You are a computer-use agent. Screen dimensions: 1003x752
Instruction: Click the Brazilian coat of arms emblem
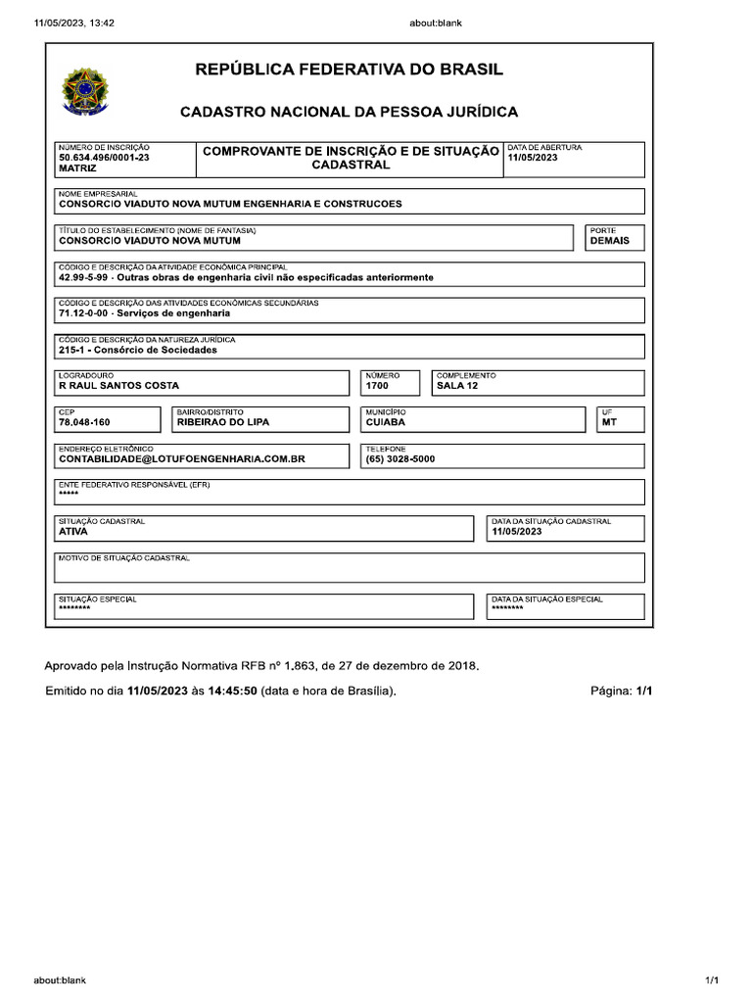coord(86,91)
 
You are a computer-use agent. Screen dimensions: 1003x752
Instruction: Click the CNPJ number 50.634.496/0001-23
coord(105,157)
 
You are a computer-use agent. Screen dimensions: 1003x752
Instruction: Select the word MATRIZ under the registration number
coord(77,168)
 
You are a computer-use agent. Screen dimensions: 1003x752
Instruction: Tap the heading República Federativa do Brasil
coord(350,70)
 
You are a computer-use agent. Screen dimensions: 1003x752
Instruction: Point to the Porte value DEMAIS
coord(609,240)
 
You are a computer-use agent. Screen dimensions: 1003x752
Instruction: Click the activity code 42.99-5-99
coord(85,277)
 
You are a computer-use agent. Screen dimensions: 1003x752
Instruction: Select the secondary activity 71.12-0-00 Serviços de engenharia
coord(145,313)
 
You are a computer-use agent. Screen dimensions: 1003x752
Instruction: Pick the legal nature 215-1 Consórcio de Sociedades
coord(138,350)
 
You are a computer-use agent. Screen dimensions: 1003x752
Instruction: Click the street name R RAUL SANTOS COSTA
coord(119,386)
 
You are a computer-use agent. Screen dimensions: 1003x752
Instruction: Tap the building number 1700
coord(377,386)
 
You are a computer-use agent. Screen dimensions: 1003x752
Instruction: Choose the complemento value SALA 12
coord(457,386)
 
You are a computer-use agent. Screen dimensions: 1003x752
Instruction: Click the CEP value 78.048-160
coord(85,422)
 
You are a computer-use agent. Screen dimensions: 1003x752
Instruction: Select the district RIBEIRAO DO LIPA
coord(222,422)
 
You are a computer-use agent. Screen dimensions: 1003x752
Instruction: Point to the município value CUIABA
coord(386,422)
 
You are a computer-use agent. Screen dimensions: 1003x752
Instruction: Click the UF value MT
coord(609,422)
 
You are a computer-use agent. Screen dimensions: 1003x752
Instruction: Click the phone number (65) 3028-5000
coord(400,458)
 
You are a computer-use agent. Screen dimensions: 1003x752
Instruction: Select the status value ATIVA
coord(73,532)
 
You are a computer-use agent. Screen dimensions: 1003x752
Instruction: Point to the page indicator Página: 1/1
coord(621,691)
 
